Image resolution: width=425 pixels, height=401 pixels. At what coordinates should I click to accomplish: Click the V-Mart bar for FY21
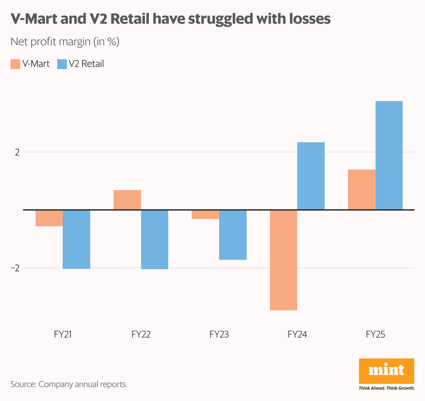[x=49, y=218]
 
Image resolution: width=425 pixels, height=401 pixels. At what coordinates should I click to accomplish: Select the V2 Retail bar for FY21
[x=77, y=239]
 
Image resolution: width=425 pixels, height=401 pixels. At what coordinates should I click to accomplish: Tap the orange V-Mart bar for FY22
[x=127, y=200]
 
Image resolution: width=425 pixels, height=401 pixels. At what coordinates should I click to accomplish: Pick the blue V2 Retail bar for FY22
[x=155, y=239]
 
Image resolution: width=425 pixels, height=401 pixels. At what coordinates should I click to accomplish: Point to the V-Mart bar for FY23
[x=206, y=214]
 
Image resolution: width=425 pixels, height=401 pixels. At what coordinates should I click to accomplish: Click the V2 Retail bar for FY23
[x=233, y=235]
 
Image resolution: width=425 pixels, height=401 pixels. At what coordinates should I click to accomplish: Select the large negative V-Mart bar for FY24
[x=284, y=260]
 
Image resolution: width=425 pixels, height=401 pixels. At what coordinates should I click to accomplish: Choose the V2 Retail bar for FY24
[x=311, y=176]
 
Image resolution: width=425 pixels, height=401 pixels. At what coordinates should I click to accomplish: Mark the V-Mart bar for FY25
[x=362, y=189]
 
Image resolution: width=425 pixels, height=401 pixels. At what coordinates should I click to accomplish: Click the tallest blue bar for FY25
[x=389, y=156]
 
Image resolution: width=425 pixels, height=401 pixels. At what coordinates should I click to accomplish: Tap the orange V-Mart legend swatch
[x=15, y=64]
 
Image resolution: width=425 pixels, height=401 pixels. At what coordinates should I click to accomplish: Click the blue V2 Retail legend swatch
[x=62, y=64]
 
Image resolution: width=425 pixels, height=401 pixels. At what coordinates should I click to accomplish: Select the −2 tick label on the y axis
[x=15, y=268]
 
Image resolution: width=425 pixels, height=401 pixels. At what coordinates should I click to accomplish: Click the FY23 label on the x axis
[x=219, y=334]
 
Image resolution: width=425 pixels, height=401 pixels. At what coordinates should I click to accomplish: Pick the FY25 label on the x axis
[x=376, y=334]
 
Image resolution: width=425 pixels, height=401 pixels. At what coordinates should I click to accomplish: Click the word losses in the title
[x=310, y=19]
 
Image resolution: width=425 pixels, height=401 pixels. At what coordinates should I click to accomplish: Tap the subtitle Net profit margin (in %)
[x=65, y=42]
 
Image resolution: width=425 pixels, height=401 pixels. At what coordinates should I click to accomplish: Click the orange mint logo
[x=386, y=371]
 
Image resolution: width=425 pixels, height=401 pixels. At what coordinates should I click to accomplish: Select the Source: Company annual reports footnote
[x=68, y=384]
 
